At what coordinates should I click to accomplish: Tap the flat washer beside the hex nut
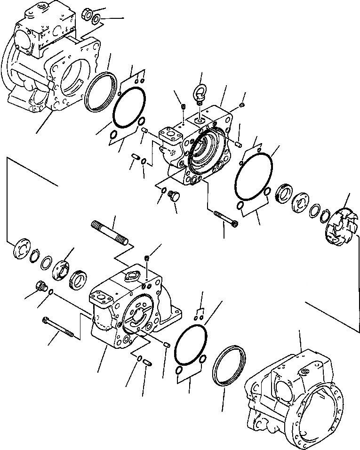coord(96,19)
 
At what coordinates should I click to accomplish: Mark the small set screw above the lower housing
coord(148,258)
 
